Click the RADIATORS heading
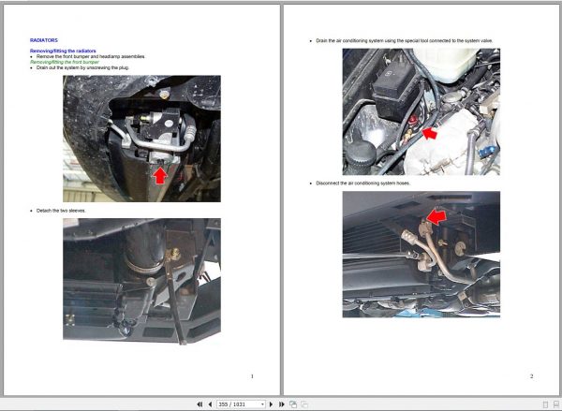[x=44, y=40]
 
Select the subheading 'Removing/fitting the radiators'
[x=62, y=51]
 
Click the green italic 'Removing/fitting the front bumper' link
[x=67, y=62]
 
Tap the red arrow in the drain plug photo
[x=159, y=174]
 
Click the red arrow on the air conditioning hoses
[x=434, y=219]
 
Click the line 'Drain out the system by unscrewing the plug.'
[x=84, y=67]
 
